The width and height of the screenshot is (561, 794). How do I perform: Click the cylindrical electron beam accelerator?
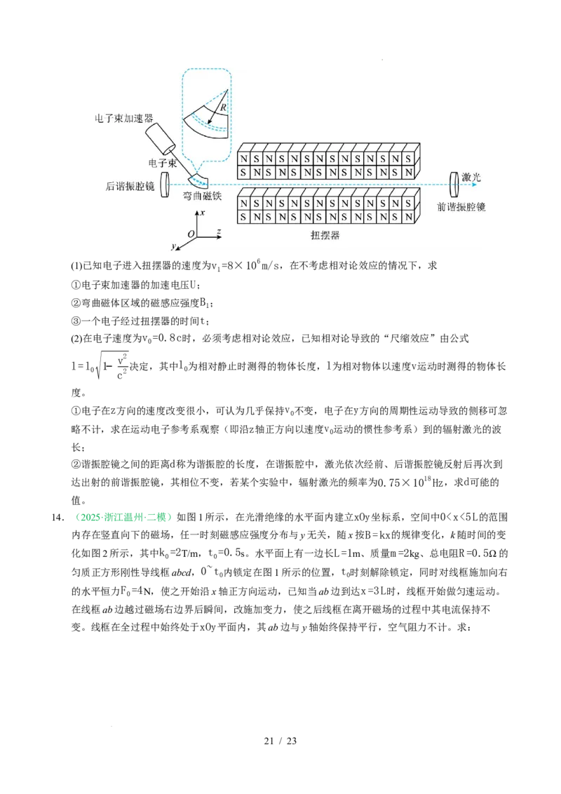point(161,140)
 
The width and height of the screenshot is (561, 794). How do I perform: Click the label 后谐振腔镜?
point(130,185)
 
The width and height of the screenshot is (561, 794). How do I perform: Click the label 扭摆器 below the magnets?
point(325,235)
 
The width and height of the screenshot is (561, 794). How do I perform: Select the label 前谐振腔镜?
point(461,207)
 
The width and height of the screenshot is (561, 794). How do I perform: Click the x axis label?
point(202,212)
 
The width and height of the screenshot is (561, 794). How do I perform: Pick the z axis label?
point(219,231)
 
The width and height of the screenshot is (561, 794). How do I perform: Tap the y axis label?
point(173,246)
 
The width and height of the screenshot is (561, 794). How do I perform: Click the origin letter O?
point(190,234)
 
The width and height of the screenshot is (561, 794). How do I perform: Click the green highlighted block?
point(123,517)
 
